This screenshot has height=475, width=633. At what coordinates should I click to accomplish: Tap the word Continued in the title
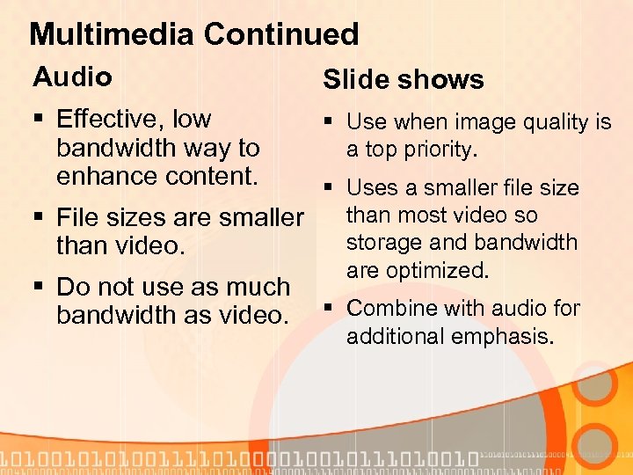tap(280, 34)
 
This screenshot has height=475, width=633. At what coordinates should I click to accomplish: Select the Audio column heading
tap(72, 77)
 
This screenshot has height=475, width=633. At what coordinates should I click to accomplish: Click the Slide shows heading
tap(404, 80)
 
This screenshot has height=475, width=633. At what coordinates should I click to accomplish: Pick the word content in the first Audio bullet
tap(209, 175)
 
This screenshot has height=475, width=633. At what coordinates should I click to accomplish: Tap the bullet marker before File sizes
tap(39, 216)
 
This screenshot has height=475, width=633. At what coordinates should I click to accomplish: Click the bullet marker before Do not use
tap(39, 288)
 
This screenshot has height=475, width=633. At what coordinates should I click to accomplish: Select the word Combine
tap(391, 309)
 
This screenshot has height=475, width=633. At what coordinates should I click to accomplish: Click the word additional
tap(396, 336)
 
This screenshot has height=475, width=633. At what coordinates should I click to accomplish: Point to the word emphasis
tap(505, 336)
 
